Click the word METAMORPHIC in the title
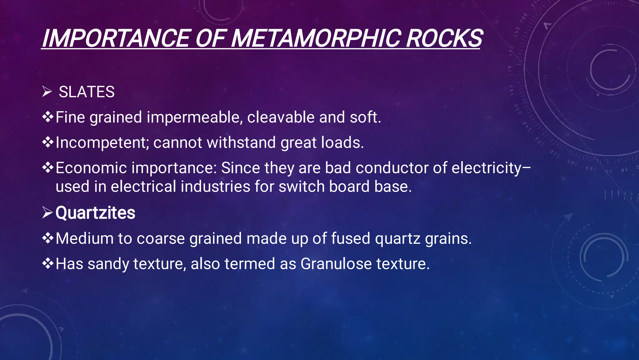[x=316, y=38]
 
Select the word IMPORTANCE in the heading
[x=115, y=38]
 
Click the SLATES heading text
[x=87, y=92]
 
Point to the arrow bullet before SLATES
[x=47, y=92]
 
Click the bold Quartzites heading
[x=95, y=213]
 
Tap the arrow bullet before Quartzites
[x=47, y=213]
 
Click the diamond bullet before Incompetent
[x=48, y=142]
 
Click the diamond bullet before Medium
[x=48, y=238]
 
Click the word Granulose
[x=336, y=264]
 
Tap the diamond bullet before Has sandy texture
[x=48, y=264]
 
